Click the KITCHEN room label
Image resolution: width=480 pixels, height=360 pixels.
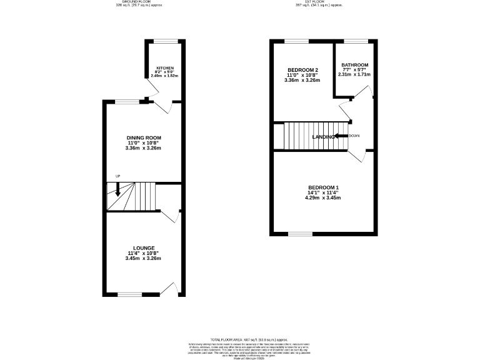point(165,67)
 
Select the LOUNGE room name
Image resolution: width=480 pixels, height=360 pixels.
point(143,247)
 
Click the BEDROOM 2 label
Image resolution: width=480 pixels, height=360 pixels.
point(303,69)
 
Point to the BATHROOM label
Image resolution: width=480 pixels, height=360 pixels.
point(354,65)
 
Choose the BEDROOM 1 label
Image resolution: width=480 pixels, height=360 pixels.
point(323,187)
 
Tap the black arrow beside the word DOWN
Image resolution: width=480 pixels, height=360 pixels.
point(341,136)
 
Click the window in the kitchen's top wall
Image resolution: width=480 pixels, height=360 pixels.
point(166,41)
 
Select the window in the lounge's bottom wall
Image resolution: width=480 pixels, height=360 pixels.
point(130,294)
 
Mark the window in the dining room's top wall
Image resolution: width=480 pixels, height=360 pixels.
point(126,101)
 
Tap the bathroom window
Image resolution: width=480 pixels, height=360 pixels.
point(354,41)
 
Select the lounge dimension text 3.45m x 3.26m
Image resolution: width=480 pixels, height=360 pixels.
point(143,258)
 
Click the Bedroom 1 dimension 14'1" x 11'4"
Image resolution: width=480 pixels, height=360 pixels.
point(323,192)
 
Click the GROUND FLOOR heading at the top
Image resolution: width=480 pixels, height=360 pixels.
point(135,2)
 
